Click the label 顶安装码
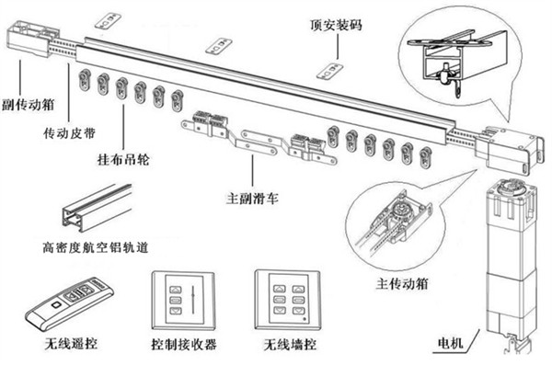click(x=335, y=26)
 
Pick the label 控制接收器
click(x=184, y=346)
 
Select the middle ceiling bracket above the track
click(x=219, y=44)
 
